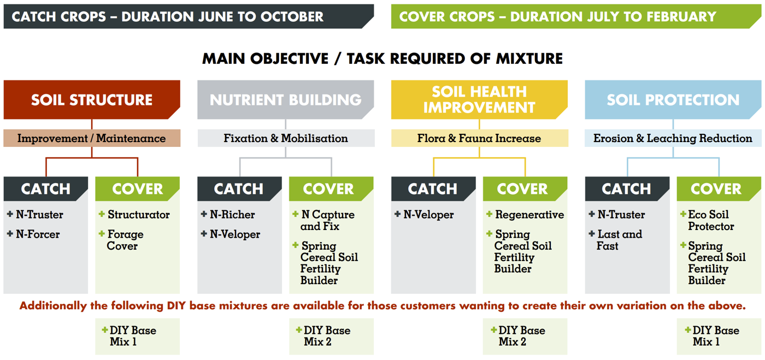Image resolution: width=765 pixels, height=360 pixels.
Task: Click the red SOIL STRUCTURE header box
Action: point(91,100)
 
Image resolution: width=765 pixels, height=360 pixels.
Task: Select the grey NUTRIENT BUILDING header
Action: point(285,100)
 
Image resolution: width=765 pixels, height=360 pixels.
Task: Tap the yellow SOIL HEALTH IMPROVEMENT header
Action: point(479,100)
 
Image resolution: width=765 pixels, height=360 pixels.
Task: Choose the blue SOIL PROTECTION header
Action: point(673,100)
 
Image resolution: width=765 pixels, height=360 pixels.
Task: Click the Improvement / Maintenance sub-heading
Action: point(91,138)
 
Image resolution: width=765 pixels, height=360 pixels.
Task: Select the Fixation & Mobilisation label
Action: point(285,138)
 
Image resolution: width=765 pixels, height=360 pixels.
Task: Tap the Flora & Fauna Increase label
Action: point(479,138)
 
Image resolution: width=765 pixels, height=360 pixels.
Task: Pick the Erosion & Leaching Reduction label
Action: point(673,138)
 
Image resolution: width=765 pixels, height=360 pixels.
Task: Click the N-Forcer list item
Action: point(37,234)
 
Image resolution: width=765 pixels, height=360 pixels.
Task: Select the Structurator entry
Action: point(138,215)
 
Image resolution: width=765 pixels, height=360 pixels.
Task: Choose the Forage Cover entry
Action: point(125,240)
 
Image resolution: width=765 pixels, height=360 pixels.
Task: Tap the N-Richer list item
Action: point(232,215)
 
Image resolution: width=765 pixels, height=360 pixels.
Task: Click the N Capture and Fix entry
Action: point(327,220)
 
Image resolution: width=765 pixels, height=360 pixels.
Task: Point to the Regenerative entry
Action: point(529,215)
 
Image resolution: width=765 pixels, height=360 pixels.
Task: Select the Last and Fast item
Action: point(619,240)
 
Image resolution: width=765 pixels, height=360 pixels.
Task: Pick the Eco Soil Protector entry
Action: point(711,220)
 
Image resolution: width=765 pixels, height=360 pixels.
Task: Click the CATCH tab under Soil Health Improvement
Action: point(432,189)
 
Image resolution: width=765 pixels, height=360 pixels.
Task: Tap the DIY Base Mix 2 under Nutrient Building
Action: point(327,336)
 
